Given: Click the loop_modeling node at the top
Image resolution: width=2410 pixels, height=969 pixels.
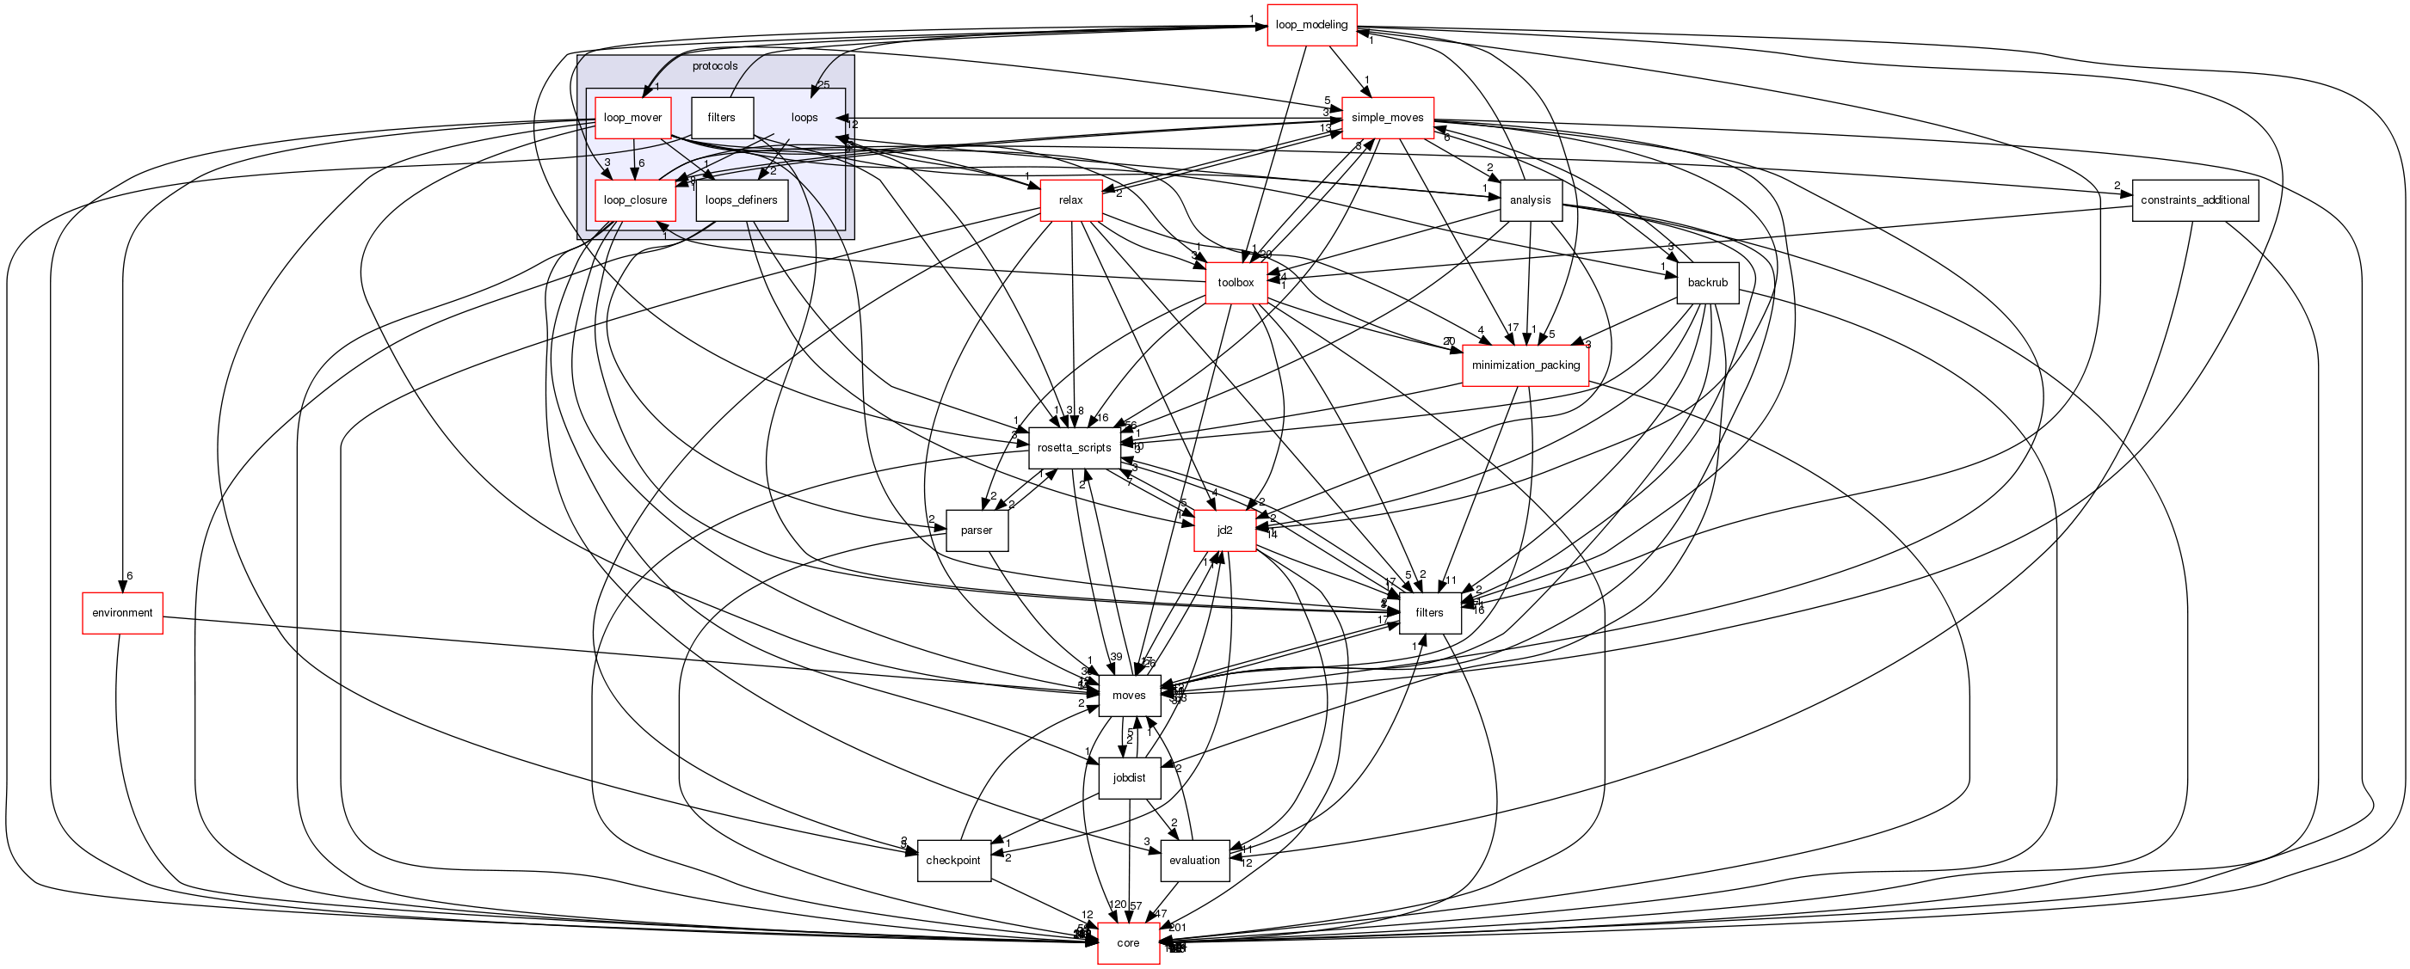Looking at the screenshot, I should click(x=1310, y=25).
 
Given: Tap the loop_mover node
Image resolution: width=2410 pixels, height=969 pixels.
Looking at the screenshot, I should click(x=632, y=118).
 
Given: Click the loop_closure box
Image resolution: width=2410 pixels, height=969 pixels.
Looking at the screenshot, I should click(x=634, y=200).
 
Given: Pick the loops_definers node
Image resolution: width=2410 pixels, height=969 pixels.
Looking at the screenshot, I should click(x=741, y=200).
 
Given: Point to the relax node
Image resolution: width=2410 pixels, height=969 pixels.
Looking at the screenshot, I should click(x=1070, y=200).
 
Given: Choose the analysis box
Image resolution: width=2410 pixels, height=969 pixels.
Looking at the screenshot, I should click(x=1530, y=200).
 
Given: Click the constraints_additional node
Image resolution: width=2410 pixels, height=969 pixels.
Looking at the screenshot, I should click(x=2194, y=200).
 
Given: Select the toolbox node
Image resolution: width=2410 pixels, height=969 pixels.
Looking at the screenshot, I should click(x=1235, y=283).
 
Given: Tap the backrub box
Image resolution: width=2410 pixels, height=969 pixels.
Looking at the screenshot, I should click(x=1706, y=283).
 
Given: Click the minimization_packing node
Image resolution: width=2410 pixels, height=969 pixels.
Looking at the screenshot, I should click(x=1525, y=365).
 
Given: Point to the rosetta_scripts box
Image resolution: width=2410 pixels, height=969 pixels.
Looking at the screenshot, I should click(x=1073, y=448).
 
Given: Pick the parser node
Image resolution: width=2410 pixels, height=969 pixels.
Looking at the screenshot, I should click(x=976, y=530).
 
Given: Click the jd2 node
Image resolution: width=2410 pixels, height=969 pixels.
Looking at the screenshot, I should click(x=1223, y=530).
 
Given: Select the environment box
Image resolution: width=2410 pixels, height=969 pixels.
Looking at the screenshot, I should click(x=121, y=613).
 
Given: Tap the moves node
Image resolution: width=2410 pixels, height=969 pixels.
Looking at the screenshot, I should click(x=1128, y=695).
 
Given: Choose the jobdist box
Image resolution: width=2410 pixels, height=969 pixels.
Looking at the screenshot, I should click(x=1128, y=778).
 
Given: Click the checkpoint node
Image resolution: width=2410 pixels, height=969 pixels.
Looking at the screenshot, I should click(x=952, y=861).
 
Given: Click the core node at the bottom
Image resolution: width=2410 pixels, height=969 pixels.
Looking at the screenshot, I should click(x=1127, y=943).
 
